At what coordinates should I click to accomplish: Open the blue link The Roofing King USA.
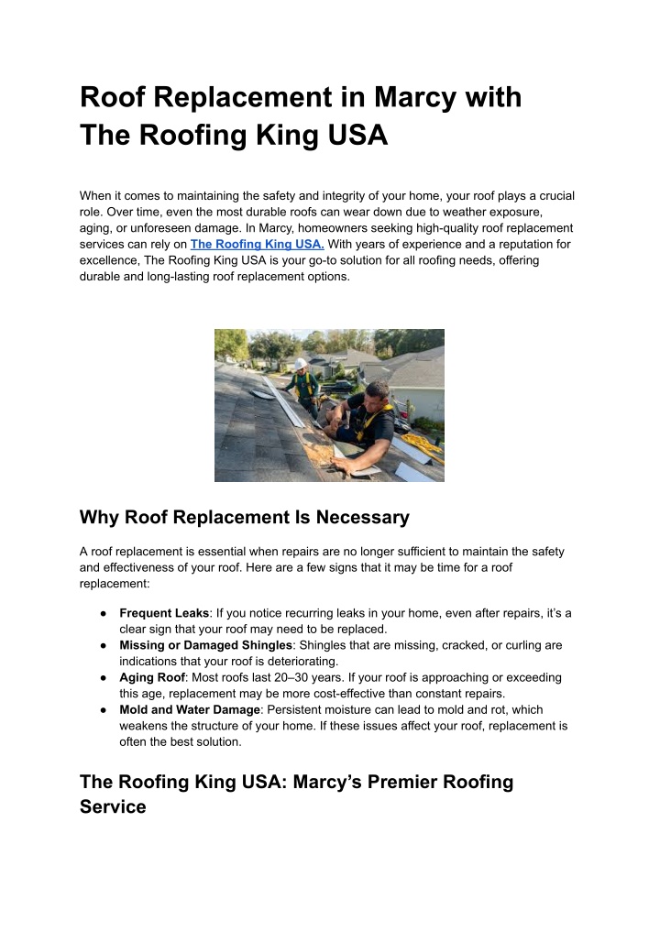(257, 244)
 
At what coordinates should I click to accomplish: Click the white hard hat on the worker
(300, 364)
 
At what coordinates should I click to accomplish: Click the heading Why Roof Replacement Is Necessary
(244, 517)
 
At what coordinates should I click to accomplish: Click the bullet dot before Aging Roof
(106, 677)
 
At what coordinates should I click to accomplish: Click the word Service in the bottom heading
(113, 807)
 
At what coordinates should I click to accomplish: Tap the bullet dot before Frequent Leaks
(106, 612)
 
